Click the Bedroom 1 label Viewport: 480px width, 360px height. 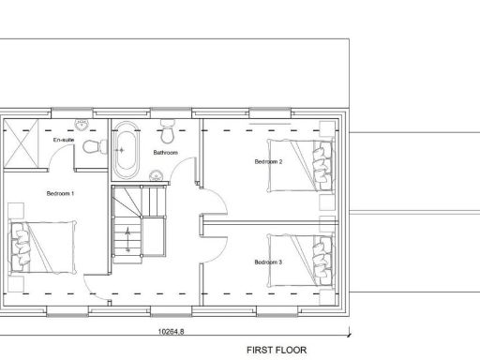tap(60, 193)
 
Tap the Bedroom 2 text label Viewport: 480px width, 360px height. tap(268, 161)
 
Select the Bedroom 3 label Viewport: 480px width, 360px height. tap(268, 262)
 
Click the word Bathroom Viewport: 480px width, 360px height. tap(167, 152)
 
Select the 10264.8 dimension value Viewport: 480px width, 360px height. tap(172, 331)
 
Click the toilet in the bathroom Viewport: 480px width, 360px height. tap(168, 127)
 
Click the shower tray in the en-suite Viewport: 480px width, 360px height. tap(22, 143)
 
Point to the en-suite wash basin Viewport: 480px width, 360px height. tap(82, 125)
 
